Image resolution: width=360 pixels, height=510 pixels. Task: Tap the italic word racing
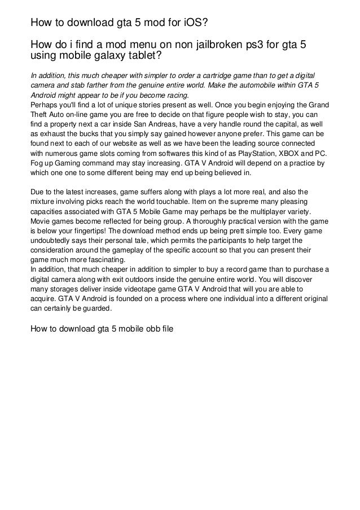(176, 95)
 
